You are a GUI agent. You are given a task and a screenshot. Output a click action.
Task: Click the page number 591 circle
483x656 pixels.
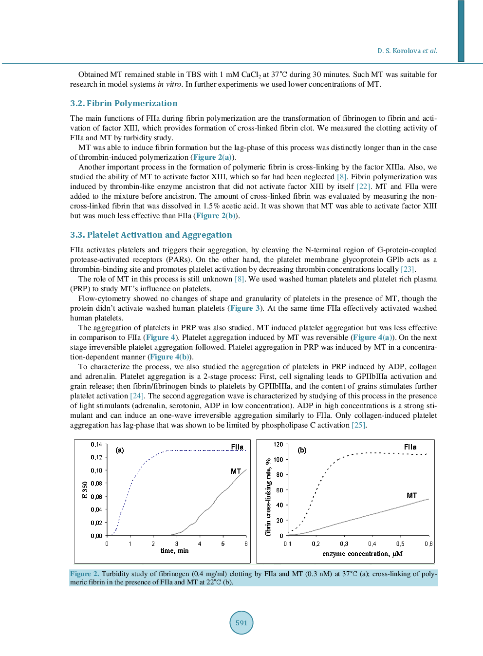pos(241,622)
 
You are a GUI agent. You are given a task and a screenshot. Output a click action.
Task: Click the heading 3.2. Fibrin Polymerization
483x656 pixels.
pos(124,103)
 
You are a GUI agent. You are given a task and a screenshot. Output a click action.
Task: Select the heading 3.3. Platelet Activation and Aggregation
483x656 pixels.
pos(151,235)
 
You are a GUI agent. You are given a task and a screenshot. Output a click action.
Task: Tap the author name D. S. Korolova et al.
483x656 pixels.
pos(407,51)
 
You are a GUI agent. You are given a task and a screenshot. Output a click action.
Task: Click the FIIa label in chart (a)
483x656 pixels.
pos(237,447)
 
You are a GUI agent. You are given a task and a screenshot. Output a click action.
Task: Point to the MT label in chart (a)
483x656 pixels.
pos(236,471)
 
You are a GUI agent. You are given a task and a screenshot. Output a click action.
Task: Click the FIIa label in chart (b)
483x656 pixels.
pos(410,447)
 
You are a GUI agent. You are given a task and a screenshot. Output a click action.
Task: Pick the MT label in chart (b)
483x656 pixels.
pos(411,495)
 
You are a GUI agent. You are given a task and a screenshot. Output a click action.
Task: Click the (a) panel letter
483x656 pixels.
pos(120,450)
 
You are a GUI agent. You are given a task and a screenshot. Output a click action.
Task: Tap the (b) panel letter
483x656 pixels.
pos(302,450)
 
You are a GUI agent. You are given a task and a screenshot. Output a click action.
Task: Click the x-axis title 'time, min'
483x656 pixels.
pos(174,551)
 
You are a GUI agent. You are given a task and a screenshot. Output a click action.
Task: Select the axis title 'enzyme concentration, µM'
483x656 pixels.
pos(362,554)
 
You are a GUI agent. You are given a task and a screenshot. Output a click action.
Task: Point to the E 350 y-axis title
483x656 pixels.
pos(85,489)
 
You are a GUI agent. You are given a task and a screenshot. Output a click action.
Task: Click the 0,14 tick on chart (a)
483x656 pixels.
pos(96,445)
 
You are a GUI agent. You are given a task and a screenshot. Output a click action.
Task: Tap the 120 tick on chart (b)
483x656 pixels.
pos(278,445)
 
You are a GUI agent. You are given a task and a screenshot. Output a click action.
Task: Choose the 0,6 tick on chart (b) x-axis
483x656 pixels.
pos(428,544)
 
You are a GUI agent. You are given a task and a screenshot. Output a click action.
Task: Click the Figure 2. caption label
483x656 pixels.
pos(84,574)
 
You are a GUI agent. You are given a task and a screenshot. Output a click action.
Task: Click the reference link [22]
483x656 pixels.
pos(363,187)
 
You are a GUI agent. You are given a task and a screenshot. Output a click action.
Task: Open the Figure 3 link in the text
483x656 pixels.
pos(245,308)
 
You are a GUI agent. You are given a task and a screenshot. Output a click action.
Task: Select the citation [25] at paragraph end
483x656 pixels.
pos(358,425)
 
